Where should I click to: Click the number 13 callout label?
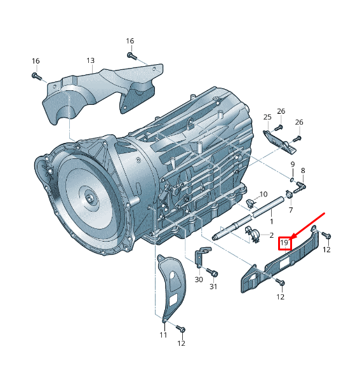point(91,61)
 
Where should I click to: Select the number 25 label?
point(267,117)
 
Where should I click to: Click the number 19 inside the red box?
point(285,242)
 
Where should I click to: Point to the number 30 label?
point(199,280)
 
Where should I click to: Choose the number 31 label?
point(214,287)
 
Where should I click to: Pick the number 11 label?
point(163,335)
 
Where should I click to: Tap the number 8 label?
point(303,170)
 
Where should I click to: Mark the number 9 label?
point(292,165)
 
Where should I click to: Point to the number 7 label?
point(290,210)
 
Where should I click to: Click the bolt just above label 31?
point(214,273)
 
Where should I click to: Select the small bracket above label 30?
point(199,257)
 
